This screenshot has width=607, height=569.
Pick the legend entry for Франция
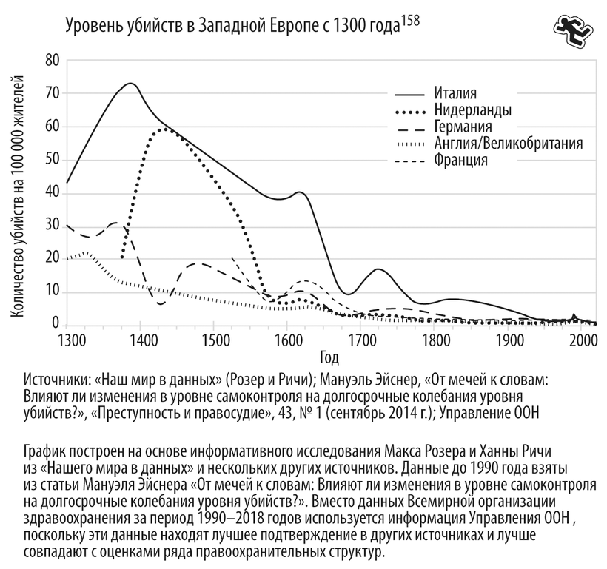(x=461, y=159)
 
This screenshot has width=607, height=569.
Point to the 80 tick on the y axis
(x=52, y=60)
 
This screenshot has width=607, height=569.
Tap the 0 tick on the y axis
(x=56, y=324)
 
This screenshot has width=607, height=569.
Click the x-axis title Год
(x=330, y=358)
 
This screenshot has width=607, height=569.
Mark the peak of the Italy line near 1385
(x=130, y=84)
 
